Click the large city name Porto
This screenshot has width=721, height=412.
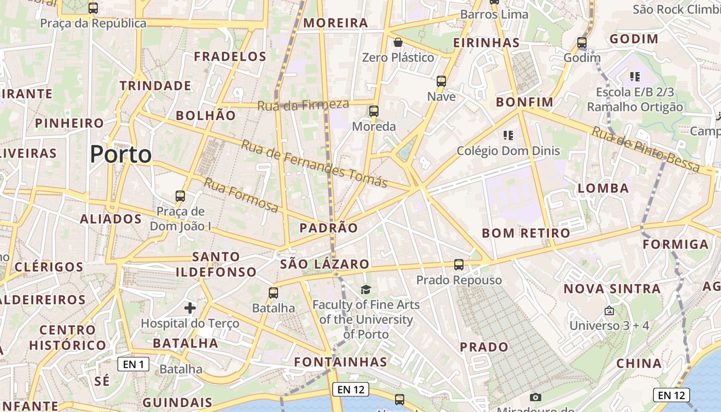[x=121, y=154]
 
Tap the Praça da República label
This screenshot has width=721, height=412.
[x=93, y=23]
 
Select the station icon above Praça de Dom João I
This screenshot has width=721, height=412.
[x=180, y=196]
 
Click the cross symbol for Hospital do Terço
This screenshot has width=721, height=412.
[x=190, y=308]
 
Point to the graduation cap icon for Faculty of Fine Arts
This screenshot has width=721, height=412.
[x=366, y=290]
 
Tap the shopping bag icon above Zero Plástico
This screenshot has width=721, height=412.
[x=398, y=42]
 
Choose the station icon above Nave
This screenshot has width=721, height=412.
[x=441, y=81]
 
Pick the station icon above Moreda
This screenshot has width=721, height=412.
[x=374, y=111]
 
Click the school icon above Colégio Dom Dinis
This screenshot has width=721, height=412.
[x=508, y=135]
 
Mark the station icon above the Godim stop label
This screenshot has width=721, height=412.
[x=582, y=43]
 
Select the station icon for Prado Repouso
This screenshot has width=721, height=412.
[x=459, y=265]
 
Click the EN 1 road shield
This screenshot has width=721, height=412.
[x=133, y=365]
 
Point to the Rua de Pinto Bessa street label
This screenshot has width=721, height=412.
[x=646, y=150]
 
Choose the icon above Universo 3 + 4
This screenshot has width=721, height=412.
[x=609, y=311]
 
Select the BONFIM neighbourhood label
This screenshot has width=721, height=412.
[x=524, y=102]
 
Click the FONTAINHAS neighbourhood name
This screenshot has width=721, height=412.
[x=340, y=362]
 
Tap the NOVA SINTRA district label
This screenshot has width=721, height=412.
[x=612, y=288]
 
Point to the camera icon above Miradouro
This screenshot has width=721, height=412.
[x=536, y=397]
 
